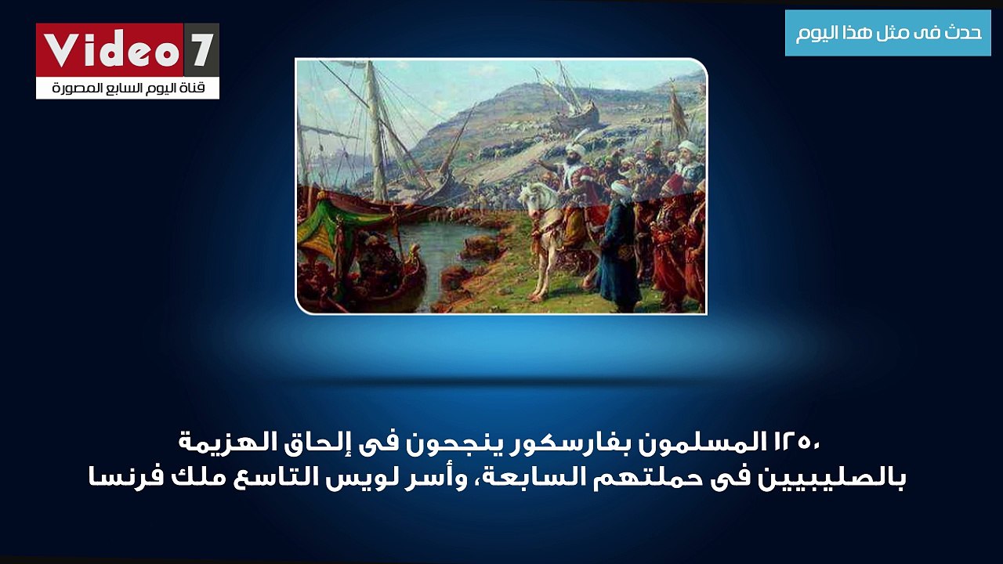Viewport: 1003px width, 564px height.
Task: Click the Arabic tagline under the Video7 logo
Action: click(x=128, y=89)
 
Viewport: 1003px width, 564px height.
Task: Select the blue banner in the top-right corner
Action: click(x=888, y=33)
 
